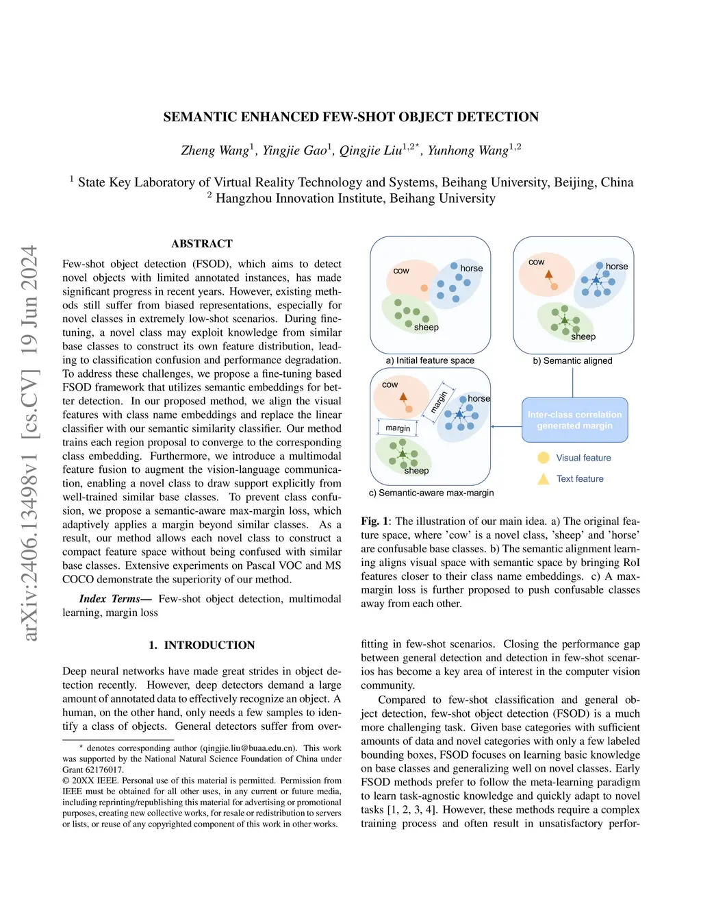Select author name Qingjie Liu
[370, 151]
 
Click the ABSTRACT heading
[202, 244]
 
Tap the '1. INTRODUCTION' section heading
[201, 646]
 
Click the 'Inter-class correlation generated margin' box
[574, 420]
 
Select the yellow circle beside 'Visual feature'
[544, 458]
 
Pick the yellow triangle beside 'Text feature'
[544, 479]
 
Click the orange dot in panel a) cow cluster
[424, 288]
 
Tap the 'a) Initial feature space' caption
[430, 360]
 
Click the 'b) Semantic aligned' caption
[572, 360]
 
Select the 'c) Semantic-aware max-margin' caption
[431, 493]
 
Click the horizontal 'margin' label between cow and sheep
[398, 428]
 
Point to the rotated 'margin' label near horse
[439, 402]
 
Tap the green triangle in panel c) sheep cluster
[403, 454]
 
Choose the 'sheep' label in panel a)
[426, 328]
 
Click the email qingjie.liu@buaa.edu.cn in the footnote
[248, 748]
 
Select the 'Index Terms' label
[110, 599]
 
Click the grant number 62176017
[105, 770]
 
